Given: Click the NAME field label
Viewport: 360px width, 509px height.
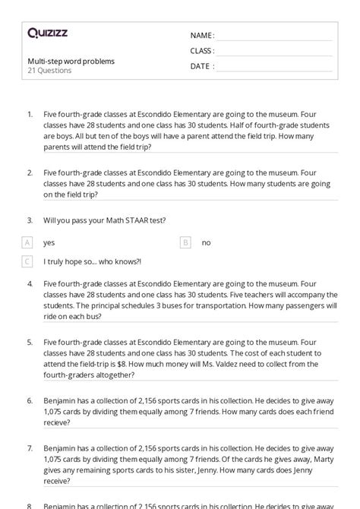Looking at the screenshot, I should pos(202,36).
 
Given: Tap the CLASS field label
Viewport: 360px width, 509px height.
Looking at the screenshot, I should pos(202,51).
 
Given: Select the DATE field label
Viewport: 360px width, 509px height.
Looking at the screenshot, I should pos(201,66).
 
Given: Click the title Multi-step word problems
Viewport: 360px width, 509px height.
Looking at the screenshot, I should pos(71,61).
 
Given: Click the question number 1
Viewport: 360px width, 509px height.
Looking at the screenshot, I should pos(29,114).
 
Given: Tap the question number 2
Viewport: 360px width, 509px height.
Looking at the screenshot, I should pos(29,173).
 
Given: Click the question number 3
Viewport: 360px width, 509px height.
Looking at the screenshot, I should pos(29,220).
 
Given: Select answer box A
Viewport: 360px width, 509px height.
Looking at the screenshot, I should pos(27,242).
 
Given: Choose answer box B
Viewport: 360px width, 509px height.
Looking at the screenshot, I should pos(185,242).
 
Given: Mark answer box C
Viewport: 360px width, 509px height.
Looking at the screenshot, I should pos(27,261).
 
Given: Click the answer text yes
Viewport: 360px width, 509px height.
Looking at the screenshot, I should pos(49,242).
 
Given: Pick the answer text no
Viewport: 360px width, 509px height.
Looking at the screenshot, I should pos(206,242).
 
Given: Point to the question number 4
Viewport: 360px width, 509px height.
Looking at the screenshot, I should pos(29,283).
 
